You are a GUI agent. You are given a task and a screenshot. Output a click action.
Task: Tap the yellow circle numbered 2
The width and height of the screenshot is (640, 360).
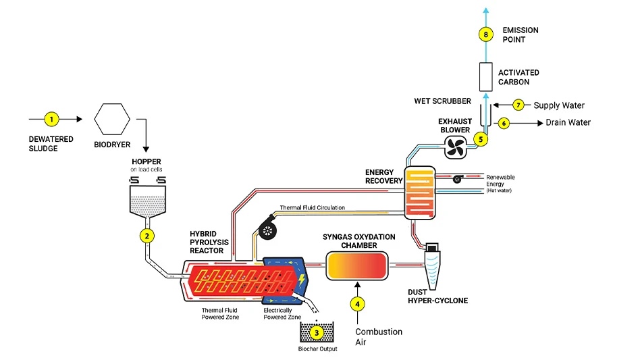(146, 236)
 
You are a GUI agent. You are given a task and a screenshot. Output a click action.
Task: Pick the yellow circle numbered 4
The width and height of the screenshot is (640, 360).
(358, 303)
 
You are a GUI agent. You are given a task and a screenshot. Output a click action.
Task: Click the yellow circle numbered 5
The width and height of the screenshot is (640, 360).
(481, 139)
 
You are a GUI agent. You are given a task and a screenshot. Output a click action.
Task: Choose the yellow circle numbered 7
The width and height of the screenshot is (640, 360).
(518, 105)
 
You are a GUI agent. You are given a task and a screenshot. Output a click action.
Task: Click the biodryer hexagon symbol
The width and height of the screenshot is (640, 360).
(112, 120)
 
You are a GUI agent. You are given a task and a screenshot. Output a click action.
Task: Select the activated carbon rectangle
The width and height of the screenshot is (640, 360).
(484, 77)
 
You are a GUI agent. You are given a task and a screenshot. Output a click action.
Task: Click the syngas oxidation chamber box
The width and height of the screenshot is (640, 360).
(357, 265)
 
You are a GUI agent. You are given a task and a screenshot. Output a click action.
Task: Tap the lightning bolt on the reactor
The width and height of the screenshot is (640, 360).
(300, 278)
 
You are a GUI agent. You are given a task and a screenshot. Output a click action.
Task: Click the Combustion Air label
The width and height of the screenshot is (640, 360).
(379, 336)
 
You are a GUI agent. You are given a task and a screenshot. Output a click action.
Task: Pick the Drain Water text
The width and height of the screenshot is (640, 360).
(568, 123)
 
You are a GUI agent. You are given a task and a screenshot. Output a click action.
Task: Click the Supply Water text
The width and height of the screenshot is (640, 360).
(559, 105)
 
